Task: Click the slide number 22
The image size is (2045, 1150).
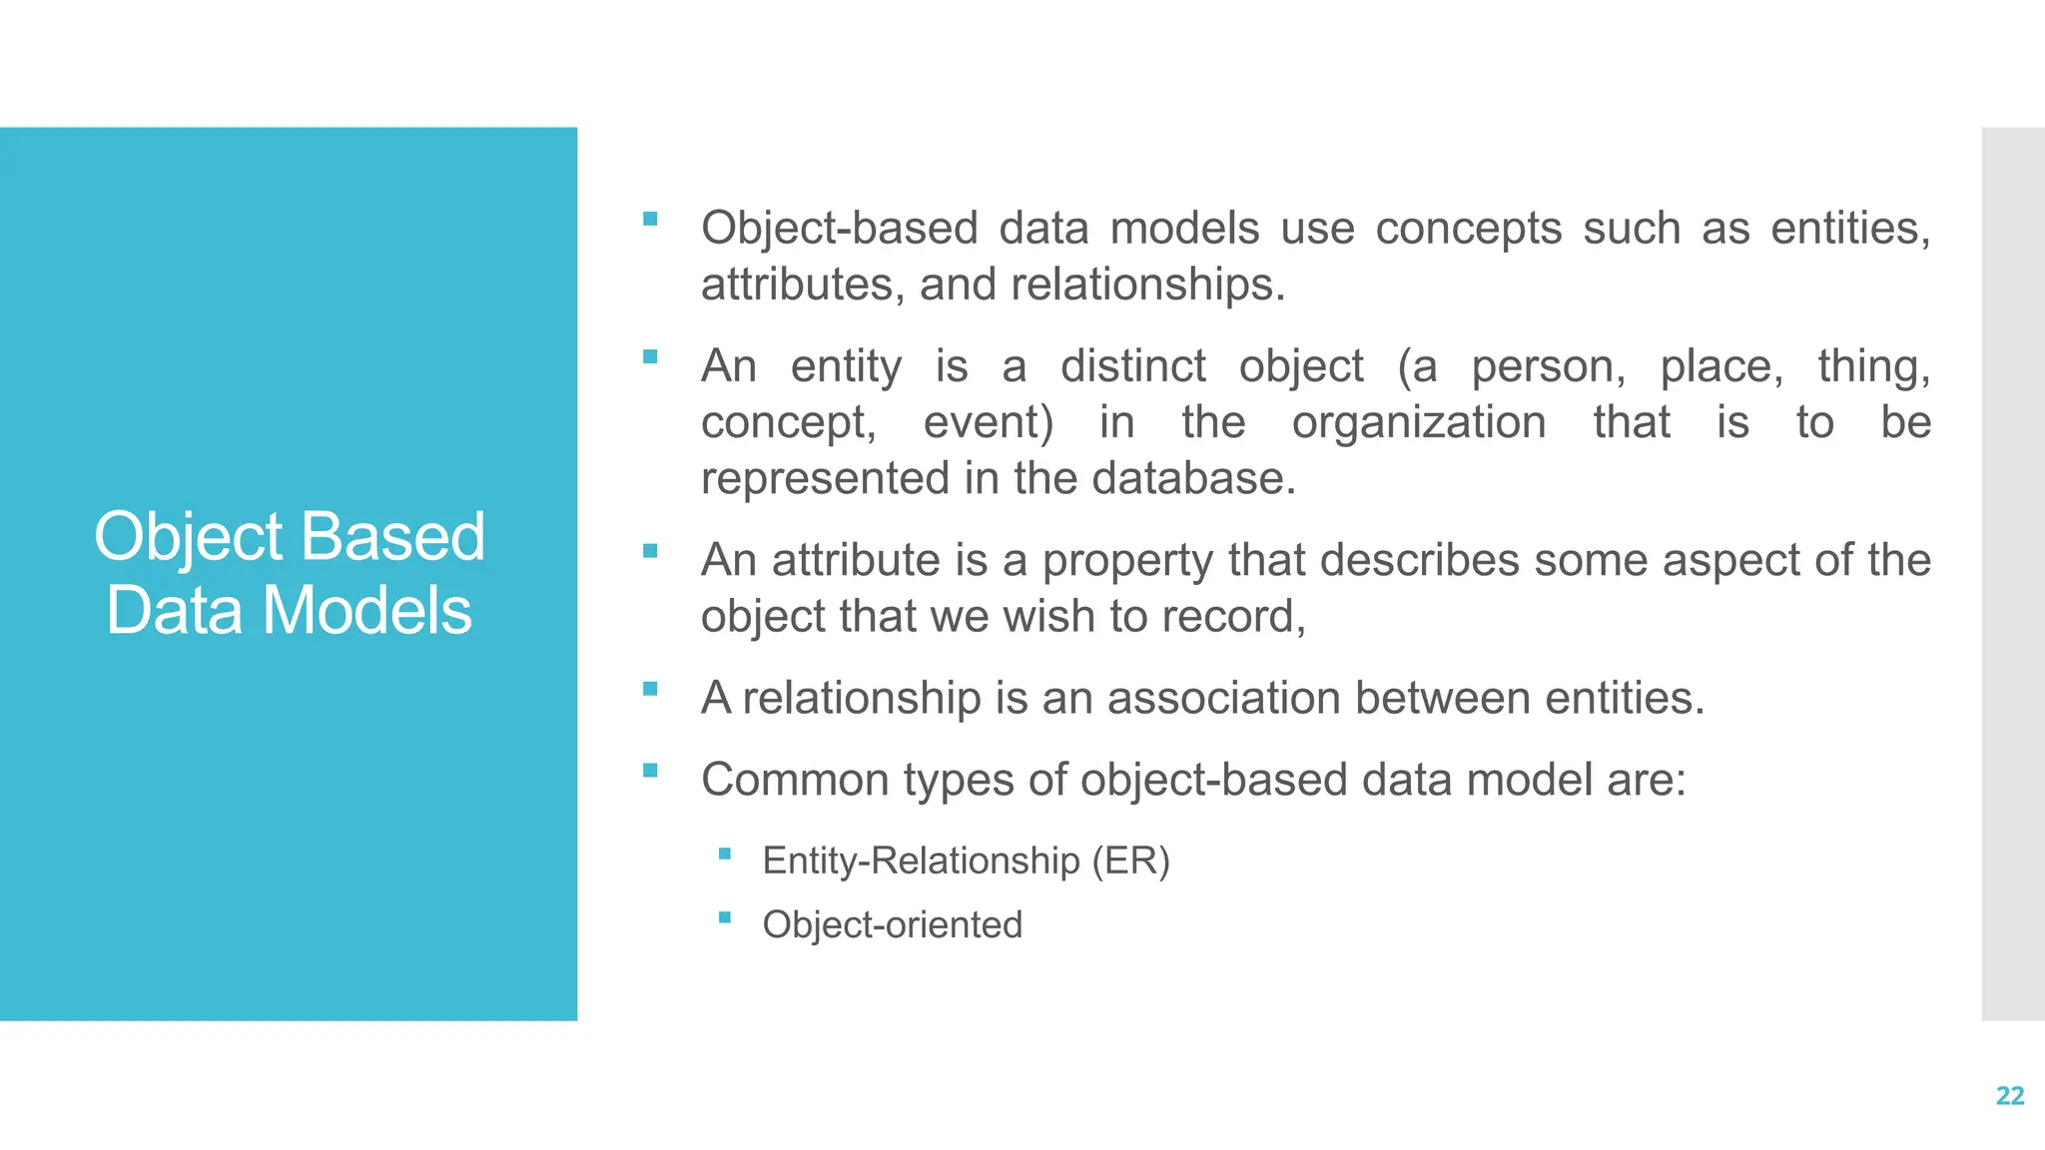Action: point(2009,1096)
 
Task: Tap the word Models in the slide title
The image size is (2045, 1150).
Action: point(366,611)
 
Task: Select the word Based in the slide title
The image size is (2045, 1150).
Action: point(392,537)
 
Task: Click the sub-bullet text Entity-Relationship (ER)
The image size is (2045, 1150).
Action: point(966,861)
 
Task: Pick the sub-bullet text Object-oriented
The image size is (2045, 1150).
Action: point(892,924)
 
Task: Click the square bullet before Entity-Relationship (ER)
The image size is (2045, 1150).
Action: point(725,854)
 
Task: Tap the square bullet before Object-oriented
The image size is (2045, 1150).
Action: point(725,917)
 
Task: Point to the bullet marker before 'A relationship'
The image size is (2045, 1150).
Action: point(651,689)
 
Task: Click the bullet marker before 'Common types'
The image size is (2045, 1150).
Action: point(651,771)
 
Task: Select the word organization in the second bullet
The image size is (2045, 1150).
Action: point(1419,422)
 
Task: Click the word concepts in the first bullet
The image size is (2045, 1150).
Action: point(1468,229)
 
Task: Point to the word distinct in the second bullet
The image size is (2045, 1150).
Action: point(1132,366)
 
